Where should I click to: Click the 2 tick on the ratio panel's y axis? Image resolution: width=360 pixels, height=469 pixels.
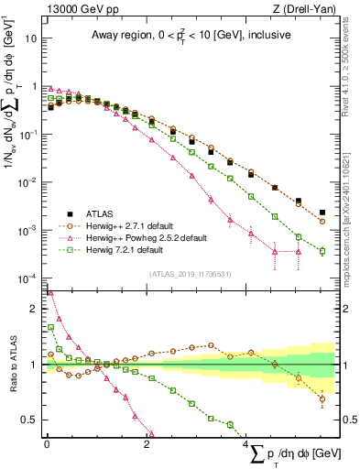click(33, 309)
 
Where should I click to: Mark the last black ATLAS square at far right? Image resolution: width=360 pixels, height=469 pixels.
click(322, 213)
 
